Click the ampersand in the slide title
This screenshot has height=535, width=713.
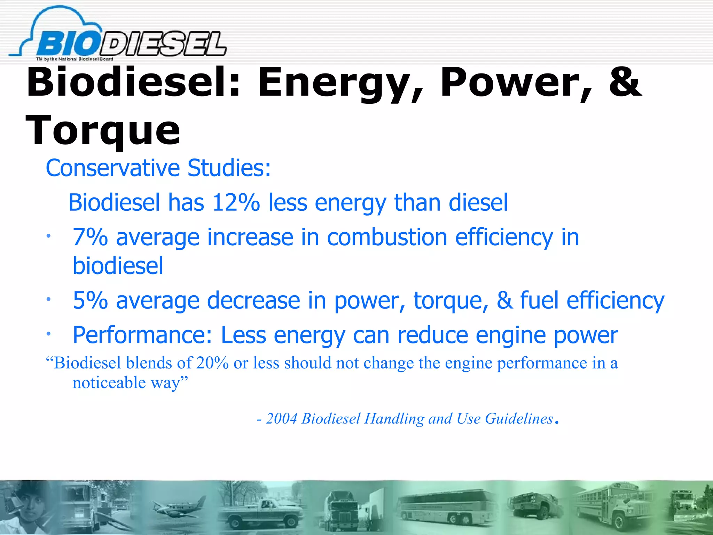coord(625,82)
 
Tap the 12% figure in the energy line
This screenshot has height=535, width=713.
coord(236,202)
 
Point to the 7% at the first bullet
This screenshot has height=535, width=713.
coord(90,238)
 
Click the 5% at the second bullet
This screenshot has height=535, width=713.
coord(90,300)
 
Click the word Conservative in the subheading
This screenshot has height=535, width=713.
coord(113,168)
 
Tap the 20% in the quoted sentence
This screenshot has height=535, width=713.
coord(212,363)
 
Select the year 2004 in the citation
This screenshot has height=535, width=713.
coord(282,419)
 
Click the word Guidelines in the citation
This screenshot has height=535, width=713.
coord(519,419)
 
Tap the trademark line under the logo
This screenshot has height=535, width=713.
coord(75,59)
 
